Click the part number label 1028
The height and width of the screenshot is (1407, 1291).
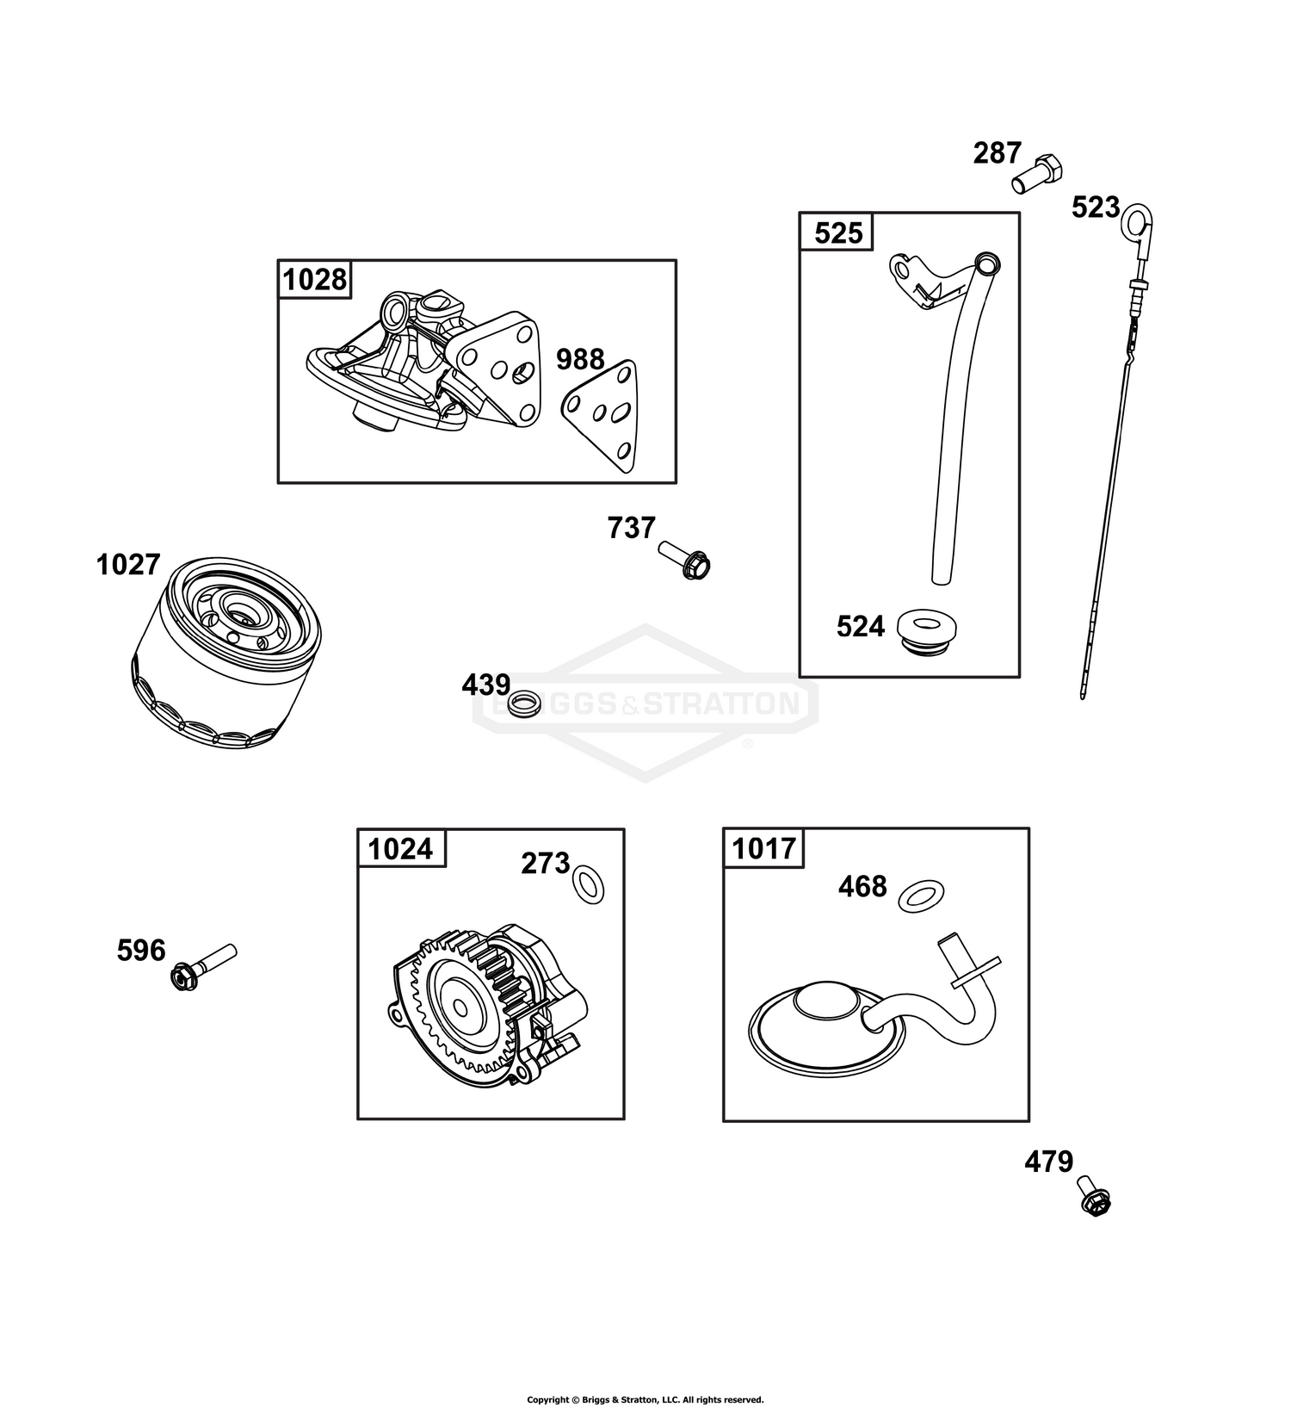pos(315,280)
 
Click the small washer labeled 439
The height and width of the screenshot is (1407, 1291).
pos(522,703)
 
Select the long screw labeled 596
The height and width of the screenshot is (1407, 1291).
pos(204,968)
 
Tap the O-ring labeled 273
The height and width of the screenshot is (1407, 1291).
pos(588,885)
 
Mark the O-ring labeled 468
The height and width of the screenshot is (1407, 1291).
pos(920,896)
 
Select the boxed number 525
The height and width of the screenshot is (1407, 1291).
pos(838,232)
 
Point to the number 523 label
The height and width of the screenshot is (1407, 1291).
pos(1096,208)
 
